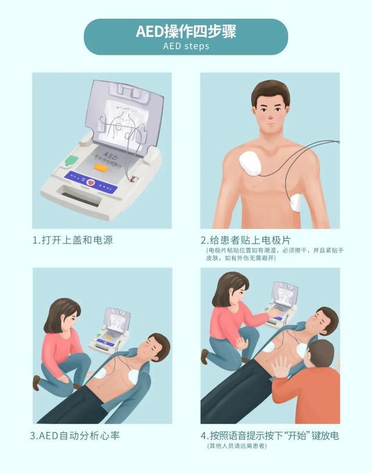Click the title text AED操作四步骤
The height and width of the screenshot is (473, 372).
pos(185,31)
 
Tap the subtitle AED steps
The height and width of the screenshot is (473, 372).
pos(186,46)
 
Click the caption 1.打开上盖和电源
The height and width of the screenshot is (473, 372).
pos(76,240)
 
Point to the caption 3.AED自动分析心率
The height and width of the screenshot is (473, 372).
pos(76,435)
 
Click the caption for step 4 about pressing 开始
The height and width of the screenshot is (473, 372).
pos(270,435)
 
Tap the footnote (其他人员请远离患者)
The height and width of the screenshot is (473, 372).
pos(236,446)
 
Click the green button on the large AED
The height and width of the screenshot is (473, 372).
pos(71,159)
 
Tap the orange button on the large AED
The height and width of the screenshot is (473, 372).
pos(99,168)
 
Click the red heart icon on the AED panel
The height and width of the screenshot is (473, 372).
pos(91,182)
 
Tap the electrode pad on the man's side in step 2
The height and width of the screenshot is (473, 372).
pos(296,202)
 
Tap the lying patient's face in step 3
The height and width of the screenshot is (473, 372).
pos(156,347)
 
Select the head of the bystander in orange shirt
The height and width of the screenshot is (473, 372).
pos(321,357)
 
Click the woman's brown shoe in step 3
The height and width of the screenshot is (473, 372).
pos(36,382)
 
